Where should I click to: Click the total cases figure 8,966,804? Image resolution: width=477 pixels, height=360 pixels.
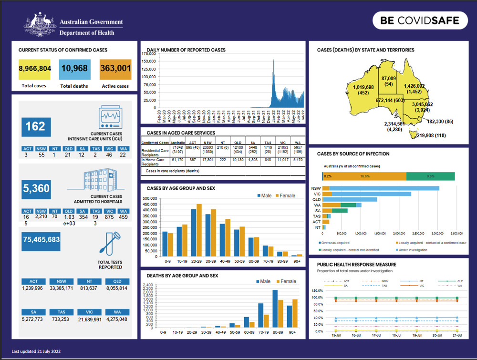click(x=35, y=69)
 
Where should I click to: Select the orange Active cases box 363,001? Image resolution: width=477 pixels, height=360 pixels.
click(x=115, y=69)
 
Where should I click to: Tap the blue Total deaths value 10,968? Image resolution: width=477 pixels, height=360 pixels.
click(x=74, y=69)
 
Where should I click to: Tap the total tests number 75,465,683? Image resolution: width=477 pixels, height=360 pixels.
click(x=41, y=239)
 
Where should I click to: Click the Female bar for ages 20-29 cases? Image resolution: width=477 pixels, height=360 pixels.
click(x=199, y=230)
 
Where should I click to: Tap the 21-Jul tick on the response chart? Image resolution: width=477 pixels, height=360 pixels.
click(x=457, y=336)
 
